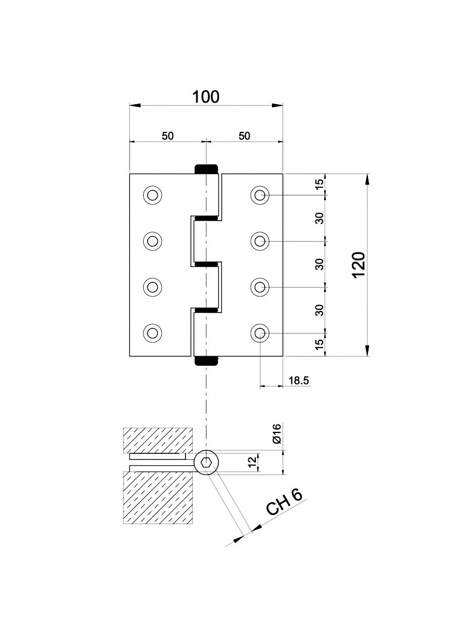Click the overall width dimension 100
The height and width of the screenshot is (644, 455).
[x=206, y=97]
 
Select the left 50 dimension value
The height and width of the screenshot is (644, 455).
[x=168, y=136]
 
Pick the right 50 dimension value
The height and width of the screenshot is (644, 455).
[x=244, y=136]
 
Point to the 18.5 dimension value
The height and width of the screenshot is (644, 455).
[x=298, y=380]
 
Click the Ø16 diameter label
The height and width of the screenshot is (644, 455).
[x=277, y=434]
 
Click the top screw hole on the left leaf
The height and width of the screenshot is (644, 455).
[x=152, y=195]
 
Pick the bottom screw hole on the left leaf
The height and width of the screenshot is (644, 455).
[x=152, y=333]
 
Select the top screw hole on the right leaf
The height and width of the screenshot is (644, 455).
[x=260, y=195]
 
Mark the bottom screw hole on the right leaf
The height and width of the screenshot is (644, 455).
[x=260, y=333]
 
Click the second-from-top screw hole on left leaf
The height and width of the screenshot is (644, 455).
[x=152, y=241]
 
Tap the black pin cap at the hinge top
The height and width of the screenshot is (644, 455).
[x=206, y=169]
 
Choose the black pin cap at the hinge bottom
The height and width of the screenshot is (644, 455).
[x=206, y=361]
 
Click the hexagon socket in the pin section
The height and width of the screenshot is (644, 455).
[x=206, y=462]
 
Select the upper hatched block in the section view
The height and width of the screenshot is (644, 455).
[x=158, y=440]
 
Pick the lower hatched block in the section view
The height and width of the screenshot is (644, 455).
[x=158, y=498]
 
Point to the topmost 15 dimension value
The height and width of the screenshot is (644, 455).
[x=319, y=184]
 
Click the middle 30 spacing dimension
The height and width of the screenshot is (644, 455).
[x=319, y=264]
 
